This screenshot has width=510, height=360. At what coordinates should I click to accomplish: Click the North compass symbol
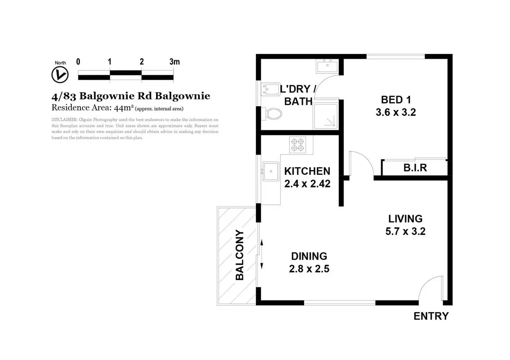click(x=60, y=75)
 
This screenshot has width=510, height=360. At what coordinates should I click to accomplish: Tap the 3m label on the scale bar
click(x=175, y=62)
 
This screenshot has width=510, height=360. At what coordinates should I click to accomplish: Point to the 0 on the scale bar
click(x=78, y=62)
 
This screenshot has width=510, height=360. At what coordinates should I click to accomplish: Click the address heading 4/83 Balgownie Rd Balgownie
click(x=131, y=96)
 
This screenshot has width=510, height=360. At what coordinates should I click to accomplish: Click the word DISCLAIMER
click(x=64, y=120)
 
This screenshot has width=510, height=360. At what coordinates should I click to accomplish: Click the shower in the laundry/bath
click(x=326, y=116)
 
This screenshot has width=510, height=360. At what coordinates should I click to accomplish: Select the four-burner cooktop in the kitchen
click(x=298, y=145)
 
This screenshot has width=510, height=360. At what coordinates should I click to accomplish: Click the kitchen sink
click(x=271, y=171)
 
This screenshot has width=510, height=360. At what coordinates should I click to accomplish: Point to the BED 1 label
click(x=396, y=100)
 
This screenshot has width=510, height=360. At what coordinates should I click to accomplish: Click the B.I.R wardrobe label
click(x=415, y=168)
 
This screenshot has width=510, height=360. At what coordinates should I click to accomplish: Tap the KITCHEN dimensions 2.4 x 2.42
click(x=307, y=183)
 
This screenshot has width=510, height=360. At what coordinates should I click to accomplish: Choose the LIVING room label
click(x=405, y=219)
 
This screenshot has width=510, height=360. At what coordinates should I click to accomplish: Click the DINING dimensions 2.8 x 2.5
click(x=309, y=269)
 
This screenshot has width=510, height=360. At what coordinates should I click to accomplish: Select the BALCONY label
click(x=239, y=255)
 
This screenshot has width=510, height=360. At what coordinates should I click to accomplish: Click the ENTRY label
click(x=431, y=316)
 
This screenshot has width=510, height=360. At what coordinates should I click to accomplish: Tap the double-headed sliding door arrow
click(x=262, y=254)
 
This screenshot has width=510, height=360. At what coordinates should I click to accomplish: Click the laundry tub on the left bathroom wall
click(x=271, y=90)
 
